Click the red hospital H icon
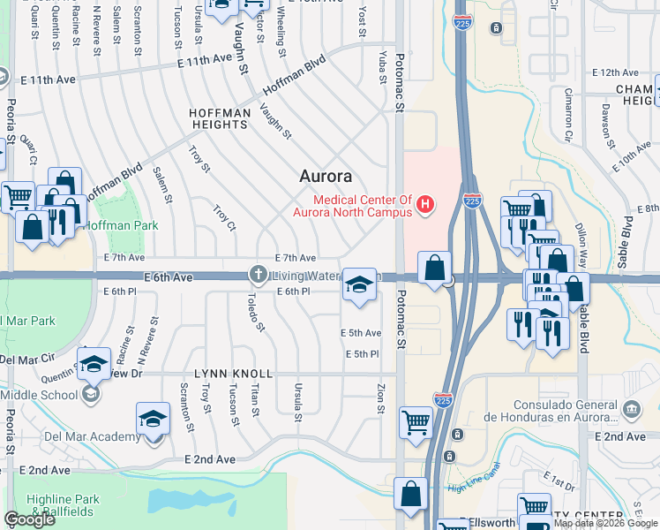point(425,206)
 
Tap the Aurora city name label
point(326,176)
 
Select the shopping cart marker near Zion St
point(415,421)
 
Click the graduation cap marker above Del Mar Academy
point(153,419)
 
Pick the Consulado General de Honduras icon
point(632,409)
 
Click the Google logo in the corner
point(30,519)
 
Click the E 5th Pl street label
point(362,354)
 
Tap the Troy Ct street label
point(225,218)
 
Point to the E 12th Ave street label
point(616,72)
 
